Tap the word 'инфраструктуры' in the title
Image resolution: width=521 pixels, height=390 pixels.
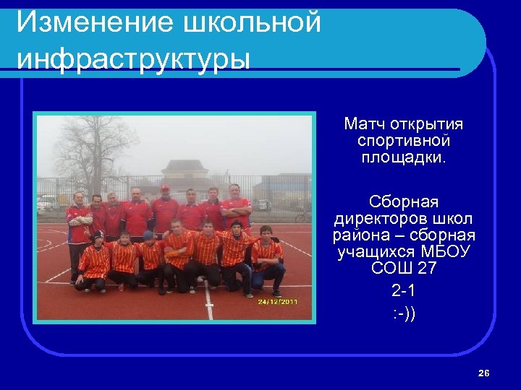coord(133,58)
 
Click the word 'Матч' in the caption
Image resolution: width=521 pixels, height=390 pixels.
coord(366,125)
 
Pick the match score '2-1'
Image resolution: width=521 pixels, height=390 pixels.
coord(404,292)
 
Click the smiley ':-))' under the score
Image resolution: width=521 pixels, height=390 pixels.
coord(404,315)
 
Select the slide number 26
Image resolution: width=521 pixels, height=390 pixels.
coord(484,373)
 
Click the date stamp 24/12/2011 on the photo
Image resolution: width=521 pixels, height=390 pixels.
coord(279,302)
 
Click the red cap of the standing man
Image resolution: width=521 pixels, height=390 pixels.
coord(165,188)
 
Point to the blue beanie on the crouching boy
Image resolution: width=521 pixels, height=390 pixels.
coord(148,235)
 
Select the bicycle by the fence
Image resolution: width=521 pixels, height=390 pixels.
coord(302,215)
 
